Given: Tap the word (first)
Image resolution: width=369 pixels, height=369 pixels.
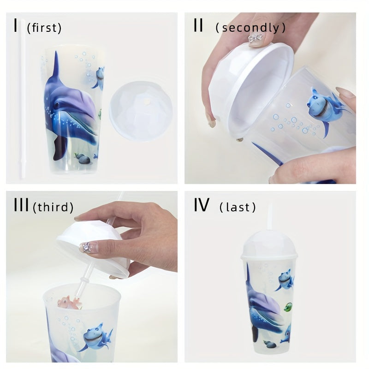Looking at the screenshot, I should [44, 28].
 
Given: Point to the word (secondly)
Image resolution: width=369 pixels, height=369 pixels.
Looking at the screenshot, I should [250, 28].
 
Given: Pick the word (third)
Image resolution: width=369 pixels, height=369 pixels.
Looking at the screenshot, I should [53, 208].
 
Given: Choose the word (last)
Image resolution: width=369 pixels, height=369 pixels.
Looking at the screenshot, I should [238, 208].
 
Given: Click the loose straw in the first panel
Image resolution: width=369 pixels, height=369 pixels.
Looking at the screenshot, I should [22, 101].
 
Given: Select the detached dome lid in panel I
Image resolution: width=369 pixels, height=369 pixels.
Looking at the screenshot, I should [141, 112].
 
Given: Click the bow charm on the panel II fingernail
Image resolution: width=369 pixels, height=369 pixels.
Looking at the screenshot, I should [256, 39].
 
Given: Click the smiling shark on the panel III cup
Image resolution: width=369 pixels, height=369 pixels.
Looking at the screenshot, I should [95, 337].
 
